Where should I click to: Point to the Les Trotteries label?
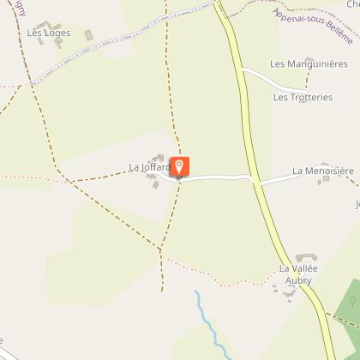pyautogui.click(x=303, y=98)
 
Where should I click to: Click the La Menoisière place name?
pyautogui.click(x=322, y=171)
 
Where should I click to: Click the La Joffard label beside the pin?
pyautogui.click(x=147, y=168)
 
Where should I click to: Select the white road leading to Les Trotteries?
pyautogui.click(x=274, y=79)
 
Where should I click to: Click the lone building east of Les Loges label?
pyautogui.click(x=88, y=34)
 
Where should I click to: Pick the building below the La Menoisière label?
pyautogui.click(x=322, y=183)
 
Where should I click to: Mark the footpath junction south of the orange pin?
pyautogui.click(x=160, y=249)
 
